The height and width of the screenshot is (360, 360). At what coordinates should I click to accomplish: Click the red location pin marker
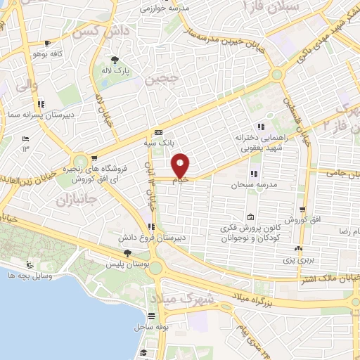tap(181, 166)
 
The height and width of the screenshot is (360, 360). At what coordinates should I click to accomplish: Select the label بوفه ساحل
tap(150, 327)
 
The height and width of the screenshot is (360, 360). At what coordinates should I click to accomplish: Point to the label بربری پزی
tap(300, 259)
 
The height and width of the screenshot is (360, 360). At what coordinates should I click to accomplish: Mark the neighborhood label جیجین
tap(159, 78)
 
